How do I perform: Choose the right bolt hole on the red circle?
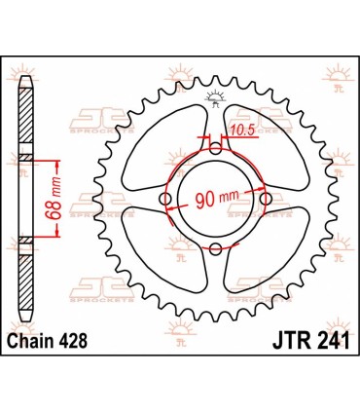tap(267, 201)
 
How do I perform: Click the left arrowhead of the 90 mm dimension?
tap(170, 207)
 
